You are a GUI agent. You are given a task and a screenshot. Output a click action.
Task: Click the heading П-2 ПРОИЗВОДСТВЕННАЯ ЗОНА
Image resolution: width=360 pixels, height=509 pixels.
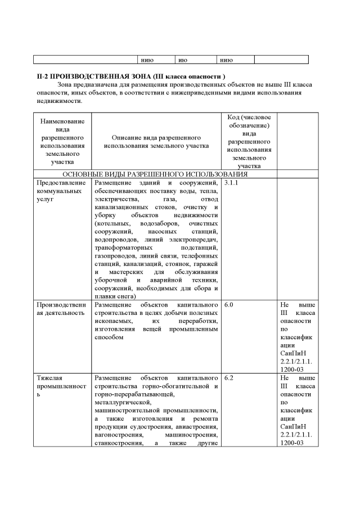point(130,75)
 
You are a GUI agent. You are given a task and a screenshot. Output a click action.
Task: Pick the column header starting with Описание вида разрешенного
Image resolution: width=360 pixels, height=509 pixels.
point(156,141)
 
